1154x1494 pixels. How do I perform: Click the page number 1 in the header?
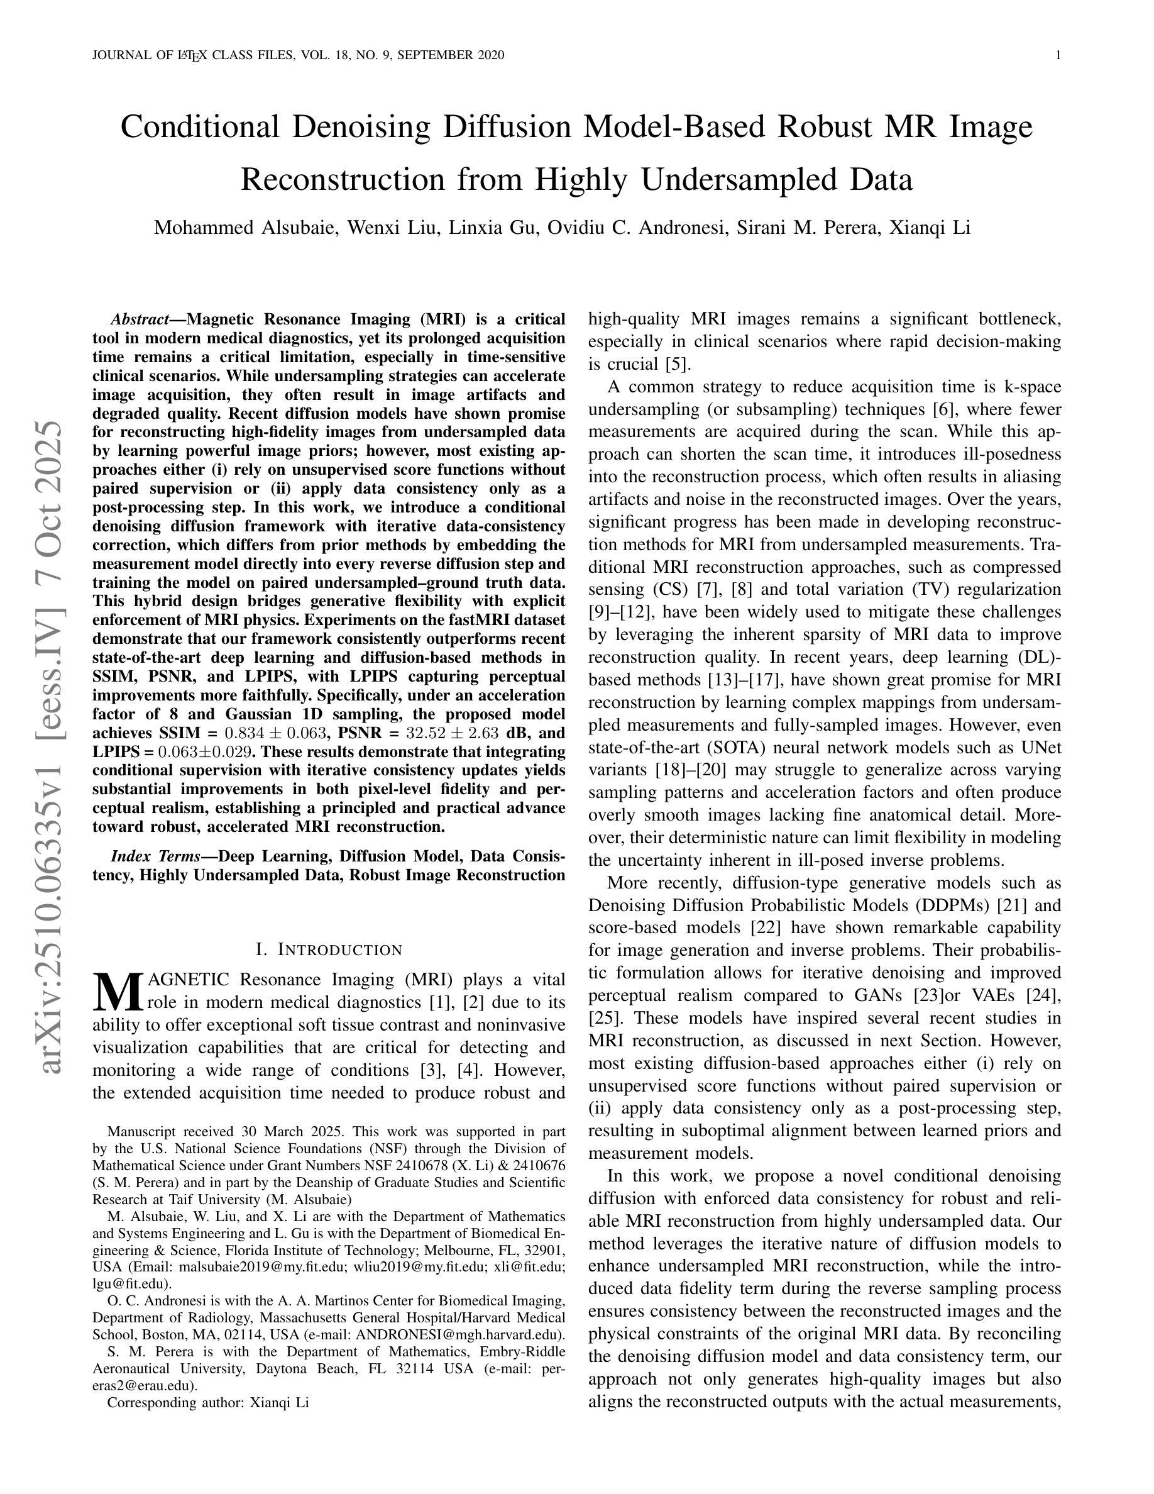1058,55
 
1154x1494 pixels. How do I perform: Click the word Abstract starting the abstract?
140,319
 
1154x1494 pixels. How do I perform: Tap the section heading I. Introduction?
329,949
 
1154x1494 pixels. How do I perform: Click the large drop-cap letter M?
119,993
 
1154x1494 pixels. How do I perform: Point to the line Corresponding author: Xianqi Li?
209,1402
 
